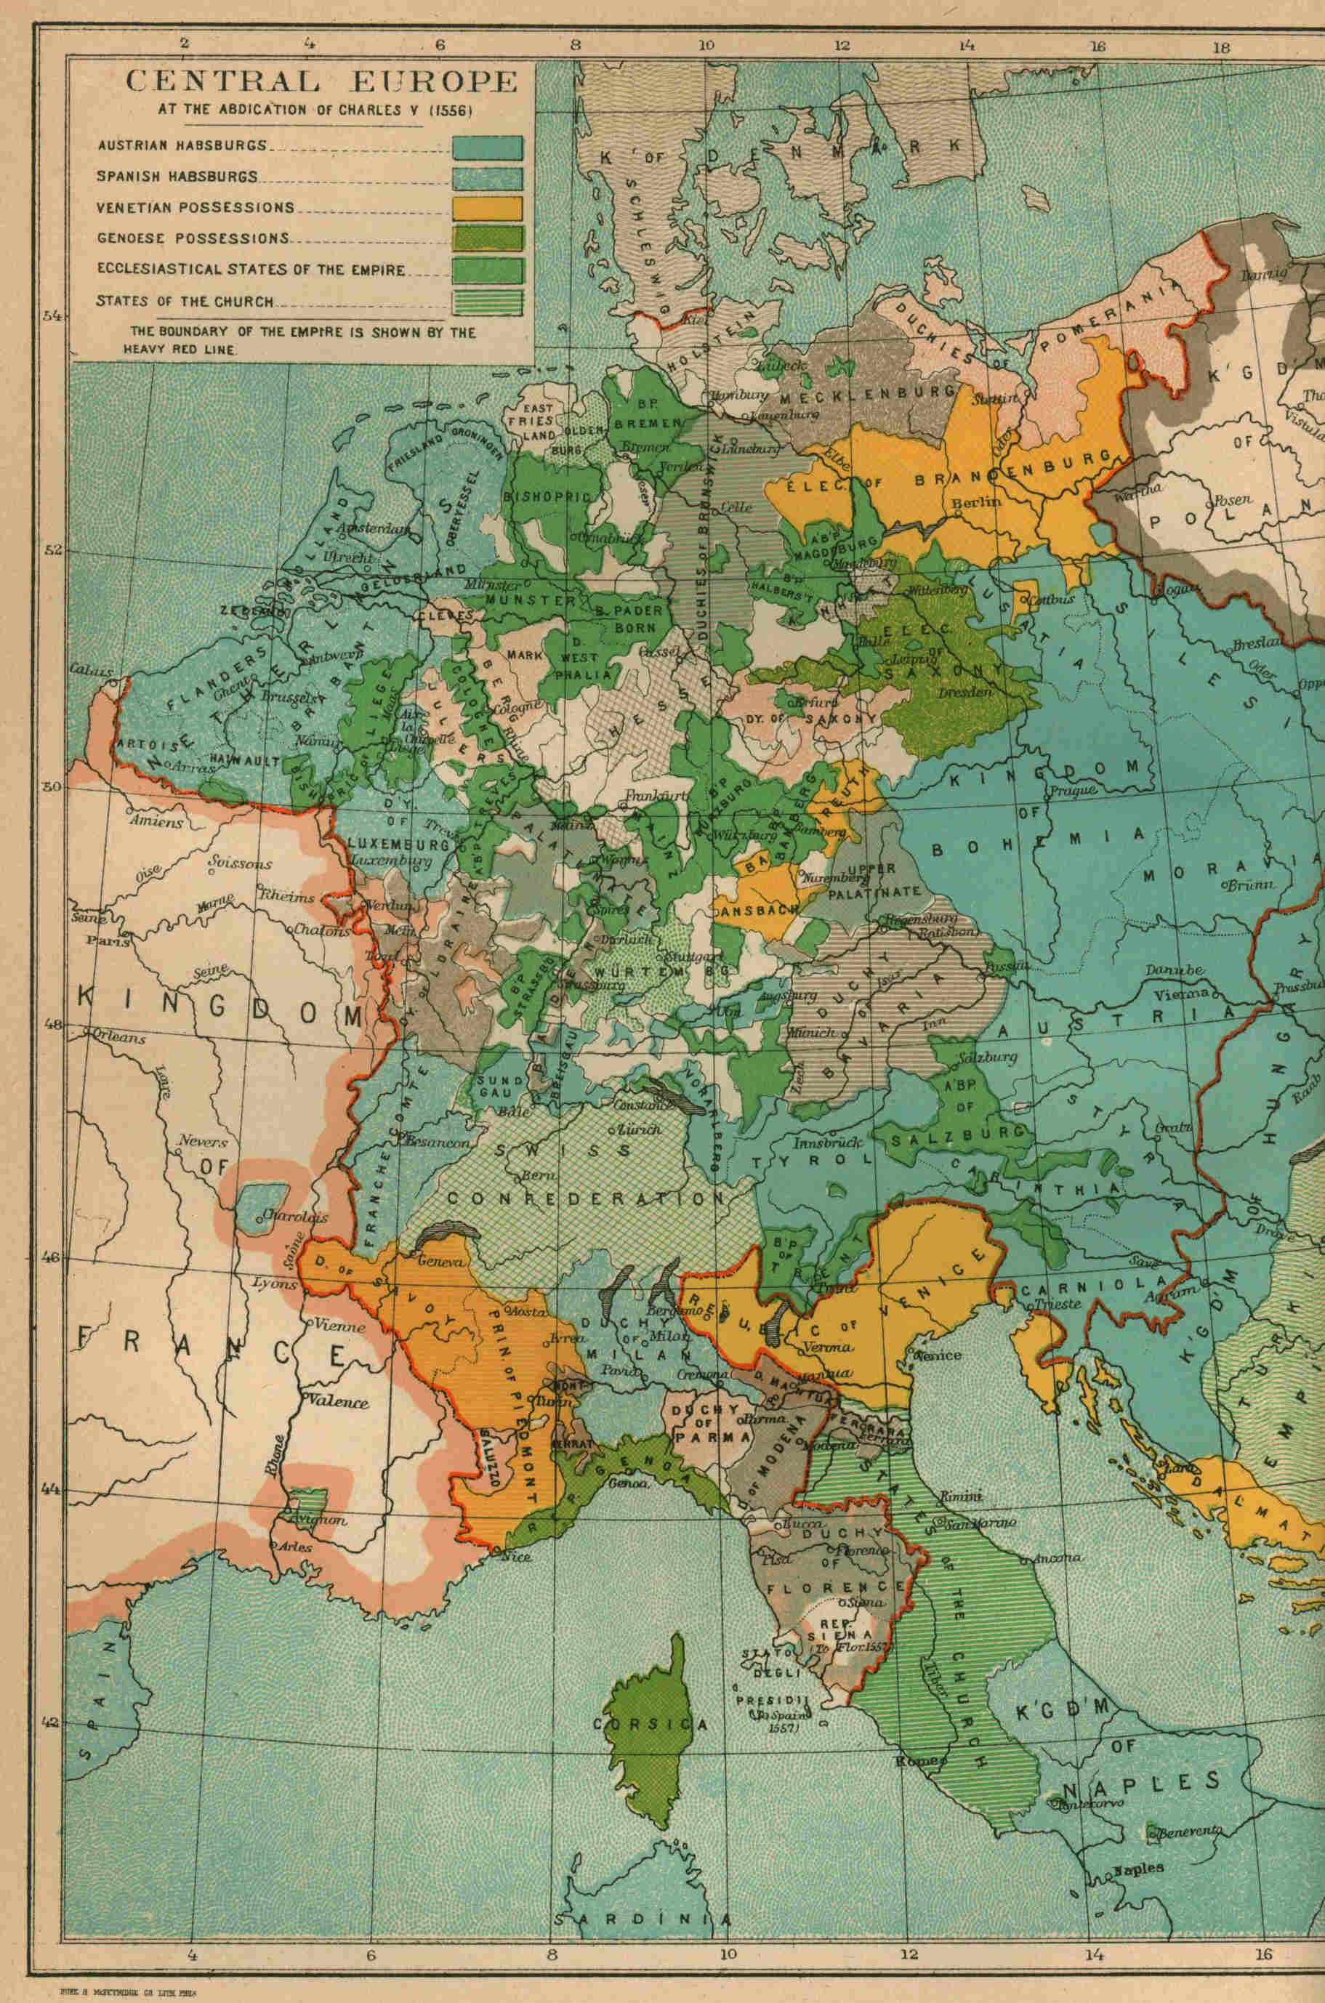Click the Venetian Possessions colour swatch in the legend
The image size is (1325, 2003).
[x=487, y=209]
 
